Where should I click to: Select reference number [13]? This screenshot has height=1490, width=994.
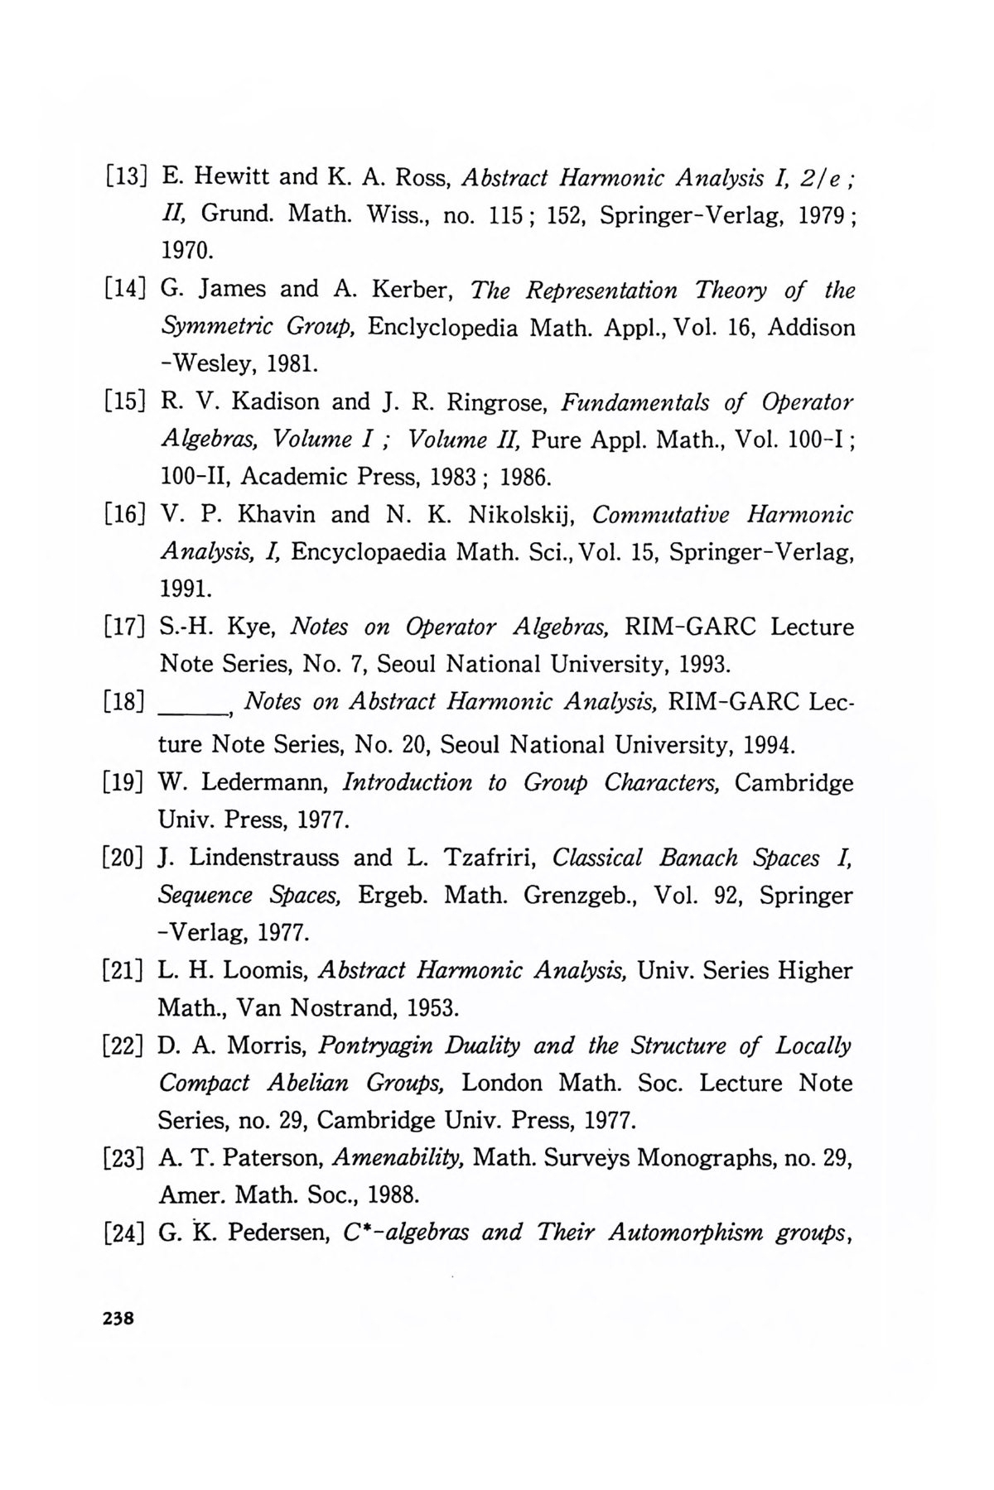coord(124,177)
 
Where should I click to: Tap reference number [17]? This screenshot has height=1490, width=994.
coord(124,627)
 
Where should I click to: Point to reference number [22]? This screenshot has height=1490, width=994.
coord(124,1046)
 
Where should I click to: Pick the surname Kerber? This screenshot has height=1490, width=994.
coord(412,290)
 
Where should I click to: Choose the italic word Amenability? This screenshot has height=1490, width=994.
coord(401,1159)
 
